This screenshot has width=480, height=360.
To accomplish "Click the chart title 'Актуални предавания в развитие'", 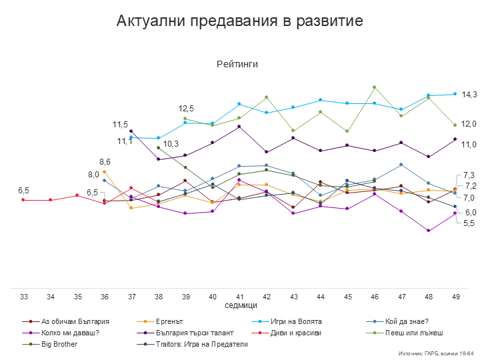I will (239, 21).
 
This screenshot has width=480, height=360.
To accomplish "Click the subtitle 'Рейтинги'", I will (237, 64).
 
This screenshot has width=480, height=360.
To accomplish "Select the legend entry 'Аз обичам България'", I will (75, 321).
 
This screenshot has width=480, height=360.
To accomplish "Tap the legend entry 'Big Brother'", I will (59, 344).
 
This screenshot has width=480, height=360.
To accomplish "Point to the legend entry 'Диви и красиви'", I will (296, 332).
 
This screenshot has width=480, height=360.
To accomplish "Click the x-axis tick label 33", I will (23, 296).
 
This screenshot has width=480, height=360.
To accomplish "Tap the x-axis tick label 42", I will (267, 296).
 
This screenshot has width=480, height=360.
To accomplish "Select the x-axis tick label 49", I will (455, 296).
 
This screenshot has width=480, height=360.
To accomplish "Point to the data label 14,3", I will (470, 95).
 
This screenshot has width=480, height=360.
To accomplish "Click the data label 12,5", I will (186, 108).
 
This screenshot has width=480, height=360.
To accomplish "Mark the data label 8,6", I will (105, 162).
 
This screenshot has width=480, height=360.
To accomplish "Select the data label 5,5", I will (469, 223).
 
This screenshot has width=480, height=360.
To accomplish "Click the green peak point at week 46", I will (375, 87).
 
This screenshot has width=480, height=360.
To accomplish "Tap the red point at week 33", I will (23, 199).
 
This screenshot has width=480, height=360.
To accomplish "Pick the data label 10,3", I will (171, 143).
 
